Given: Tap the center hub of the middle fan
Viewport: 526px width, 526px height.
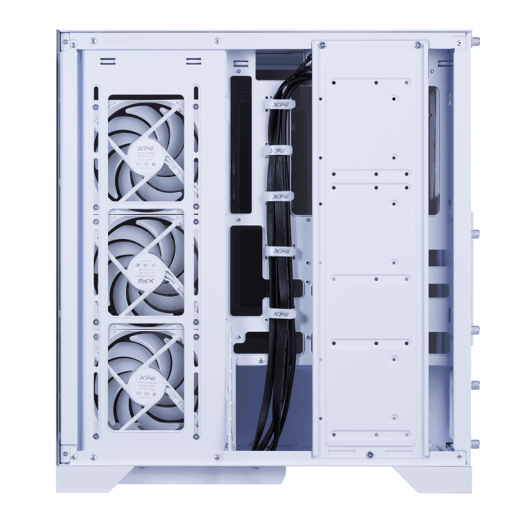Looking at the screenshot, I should tap(146, 265).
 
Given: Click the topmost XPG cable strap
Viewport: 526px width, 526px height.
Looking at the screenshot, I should tap(279, 105).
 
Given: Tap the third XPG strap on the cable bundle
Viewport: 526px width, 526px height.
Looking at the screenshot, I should tap(280, 197).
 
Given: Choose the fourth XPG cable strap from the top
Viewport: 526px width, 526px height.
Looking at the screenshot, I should tap(280, 252).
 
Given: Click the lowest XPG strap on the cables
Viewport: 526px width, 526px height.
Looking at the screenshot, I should tap(281, 314).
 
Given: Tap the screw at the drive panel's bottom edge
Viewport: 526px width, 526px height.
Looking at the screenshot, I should tap(370, 454).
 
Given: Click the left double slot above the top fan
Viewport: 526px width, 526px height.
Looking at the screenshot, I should tap(109, 61).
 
